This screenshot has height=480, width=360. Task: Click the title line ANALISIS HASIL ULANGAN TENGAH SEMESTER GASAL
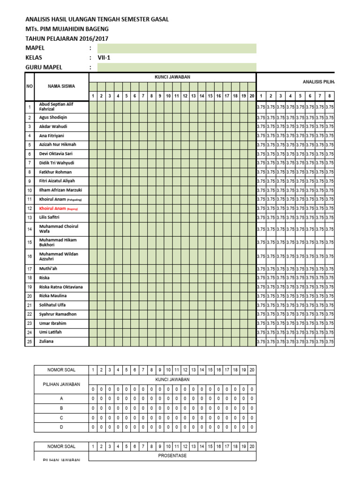pyautogui.click(x=97, y=19)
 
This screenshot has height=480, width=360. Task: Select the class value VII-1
pyautogui.click(x=105, y=58)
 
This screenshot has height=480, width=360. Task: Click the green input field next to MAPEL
pyautogui.click(x=177, y=48)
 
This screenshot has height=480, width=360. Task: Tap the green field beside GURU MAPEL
pyautogui.click(x=177, y=67)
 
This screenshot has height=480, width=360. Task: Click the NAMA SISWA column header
pyautogui.click(x=61, y=86)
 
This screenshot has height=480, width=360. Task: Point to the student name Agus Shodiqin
pyautogui.click(x=53, y=117)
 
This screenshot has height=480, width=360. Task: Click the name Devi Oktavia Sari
pyautogui.click(x=56, y=154)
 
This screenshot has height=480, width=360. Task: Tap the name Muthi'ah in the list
pyautogui.click(x=48, y=269)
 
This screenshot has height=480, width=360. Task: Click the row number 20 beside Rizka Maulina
pyautogui.click(x=29, y=296)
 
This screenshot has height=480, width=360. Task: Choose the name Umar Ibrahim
pyautogui.click(x=52, y=323)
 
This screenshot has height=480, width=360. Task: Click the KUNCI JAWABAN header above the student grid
pyautogui.click(x=172, y=77)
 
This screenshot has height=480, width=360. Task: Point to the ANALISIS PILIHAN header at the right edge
pyautogui.click(x=321, y=82)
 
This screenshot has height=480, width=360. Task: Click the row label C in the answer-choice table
pyautogui.click(x=61, y=417)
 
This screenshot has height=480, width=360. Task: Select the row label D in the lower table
pyautogui.click(x=61, y=427)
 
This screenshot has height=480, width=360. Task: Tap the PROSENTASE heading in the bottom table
pyautogui.click(x=172, y=455)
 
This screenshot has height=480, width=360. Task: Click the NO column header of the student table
pyautogui.click(x=29, y=86)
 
